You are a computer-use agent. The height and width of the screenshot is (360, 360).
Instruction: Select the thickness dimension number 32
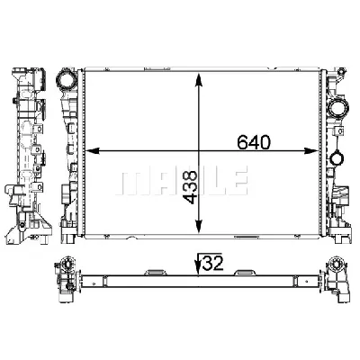coord(213,265)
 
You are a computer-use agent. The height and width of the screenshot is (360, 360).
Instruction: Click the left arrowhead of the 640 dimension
coord(91,152)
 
